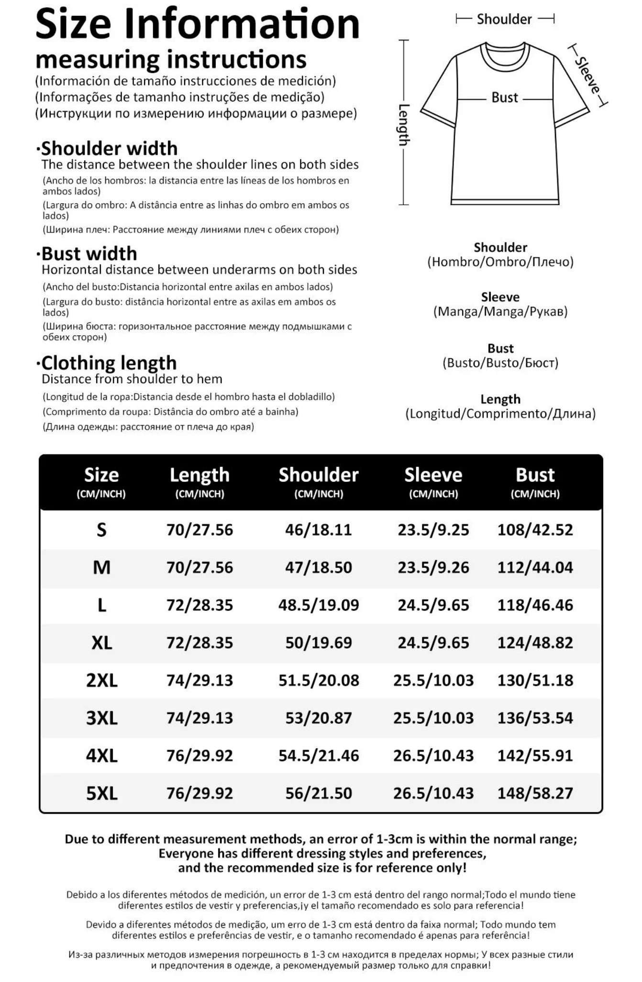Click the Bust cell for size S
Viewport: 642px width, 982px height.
pos(535,530)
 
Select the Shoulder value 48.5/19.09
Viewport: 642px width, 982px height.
pos(319,605)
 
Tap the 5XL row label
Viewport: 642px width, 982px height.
pos(101,793)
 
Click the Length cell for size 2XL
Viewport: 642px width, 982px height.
pos(199,680)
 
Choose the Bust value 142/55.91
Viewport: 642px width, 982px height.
pos(535,755)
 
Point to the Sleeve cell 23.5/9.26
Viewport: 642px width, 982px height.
pos(433,567)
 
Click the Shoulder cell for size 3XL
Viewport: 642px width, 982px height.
pos(319,717)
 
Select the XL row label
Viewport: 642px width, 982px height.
pos(101,642)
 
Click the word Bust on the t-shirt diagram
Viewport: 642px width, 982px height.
pos(505,98)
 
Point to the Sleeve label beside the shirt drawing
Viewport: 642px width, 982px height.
pos(587,75)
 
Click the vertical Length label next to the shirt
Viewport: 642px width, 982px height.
pos(404,124)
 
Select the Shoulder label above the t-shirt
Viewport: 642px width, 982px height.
pos(504,19)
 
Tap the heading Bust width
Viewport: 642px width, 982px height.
pos(89,254)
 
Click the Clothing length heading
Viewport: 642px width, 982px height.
pos(109,363)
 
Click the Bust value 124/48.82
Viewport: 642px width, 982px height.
pos(535,642)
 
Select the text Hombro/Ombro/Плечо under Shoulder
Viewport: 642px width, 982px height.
pos(500,262)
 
